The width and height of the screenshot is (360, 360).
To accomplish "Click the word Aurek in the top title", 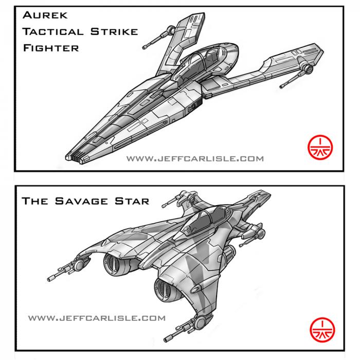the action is point(45,15).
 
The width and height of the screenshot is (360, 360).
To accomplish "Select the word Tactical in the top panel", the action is point(53,32).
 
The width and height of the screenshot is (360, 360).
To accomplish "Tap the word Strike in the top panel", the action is point(114,32).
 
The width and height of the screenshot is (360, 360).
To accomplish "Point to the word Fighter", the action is point(51,48).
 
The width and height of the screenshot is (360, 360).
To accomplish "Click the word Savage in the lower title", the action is point(81,201).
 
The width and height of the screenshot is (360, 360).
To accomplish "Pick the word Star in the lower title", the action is point(132,201).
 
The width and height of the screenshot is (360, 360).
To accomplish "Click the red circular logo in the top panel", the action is point(320,148).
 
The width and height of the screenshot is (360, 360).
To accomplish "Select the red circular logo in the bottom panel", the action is point(322,330).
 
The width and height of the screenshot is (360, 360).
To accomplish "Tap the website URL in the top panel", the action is point(195,158).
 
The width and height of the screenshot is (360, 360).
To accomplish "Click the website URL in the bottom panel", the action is point(97,318).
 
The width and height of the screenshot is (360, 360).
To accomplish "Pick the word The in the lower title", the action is point(35,201).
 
